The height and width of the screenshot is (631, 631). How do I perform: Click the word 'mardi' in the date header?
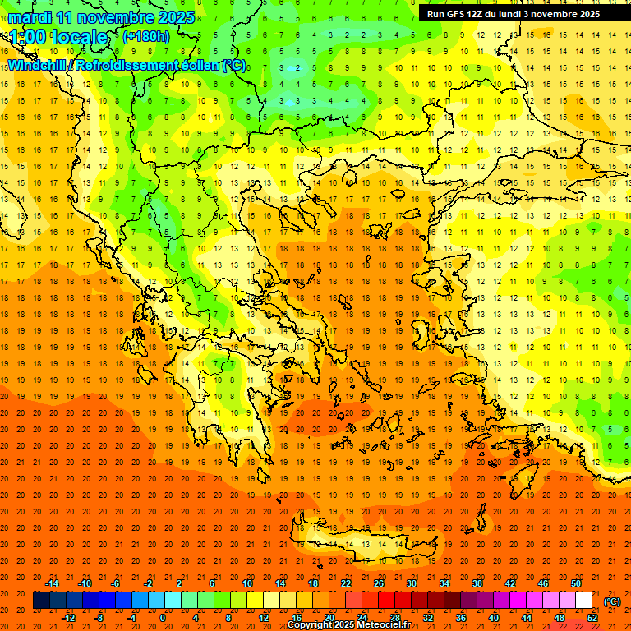point(30,17)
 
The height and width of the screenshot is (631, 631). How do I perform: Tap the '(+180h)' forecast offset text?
point(145,36)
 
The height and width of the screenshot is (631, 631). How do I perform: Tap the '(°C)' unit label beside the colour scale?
point(612,601)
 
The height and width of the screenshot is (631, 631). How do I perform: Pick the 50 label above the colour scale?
point(576,583)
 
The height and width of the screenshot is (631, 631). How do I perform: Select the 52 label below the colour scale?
point(592,618)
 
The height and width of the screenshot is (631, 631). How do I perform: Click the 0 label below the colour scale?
point(163,618)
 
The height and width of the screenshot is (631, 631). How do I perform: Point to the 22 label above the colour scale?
point(346,583)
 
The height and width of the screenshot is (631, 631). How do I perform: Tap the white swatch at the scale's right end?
point(584,601)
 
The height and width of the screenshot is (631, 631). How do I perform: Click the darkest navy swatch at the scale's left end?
point(41,601)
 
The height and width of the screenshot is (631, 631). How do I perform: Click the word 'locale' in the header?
point(79,37)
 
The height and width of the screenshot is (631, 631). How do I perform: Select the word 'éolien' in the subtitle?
point(194,65)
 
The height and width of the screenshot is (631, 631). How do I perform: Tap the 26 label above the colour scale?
point(379,583)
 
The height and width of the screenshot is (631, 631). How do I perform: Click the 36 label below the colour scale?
point(461,618)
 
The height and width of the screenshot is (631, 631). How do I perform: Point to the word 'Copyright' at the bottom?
point(310,625)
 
